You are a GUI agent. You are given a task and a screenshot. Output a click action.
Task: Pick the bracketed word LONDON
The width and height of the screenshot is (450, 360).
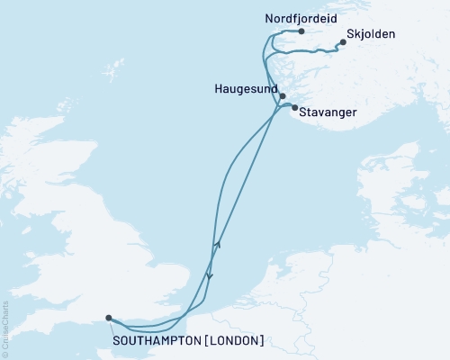[x=237, y=340]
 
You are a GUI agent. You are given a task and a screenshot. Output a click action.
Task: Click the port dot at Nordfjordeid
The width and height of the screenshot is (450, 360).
[x=301, y=31]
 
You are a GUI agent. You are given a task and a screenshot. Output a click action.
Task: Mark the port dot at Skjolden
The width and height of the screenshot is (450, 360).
[x=343, y=41]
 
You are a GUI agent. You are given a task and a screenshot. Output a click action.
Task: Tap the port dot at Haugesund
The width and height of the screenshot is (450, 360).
[x=283, y=96]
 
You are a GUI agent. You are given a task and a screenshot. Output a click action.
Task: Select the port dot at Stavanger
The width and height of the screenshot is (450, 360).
[x=295, y=107]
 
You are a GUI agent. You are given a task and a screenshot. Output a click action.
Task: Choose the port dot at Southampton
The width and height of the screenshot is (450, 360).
[x=108, y=318]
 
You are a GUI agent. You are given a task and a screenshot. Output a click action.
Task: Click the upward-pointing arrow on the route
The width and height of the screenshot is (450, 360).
[x=216, y=245]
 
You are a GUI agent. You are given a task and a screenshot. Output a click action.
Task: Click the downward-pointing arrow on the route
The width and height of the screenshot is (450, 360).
[x=209, y=276]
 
